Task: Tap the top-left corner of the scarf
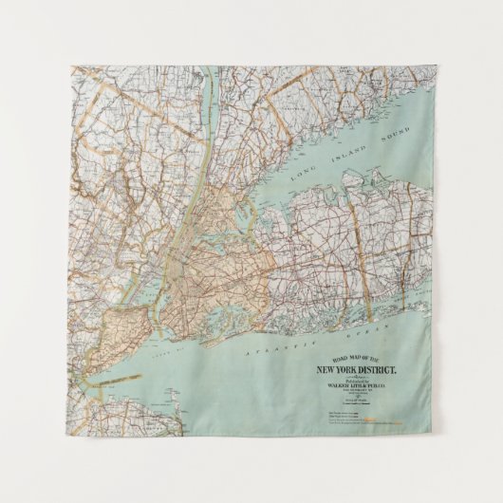tap(72, 67)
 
